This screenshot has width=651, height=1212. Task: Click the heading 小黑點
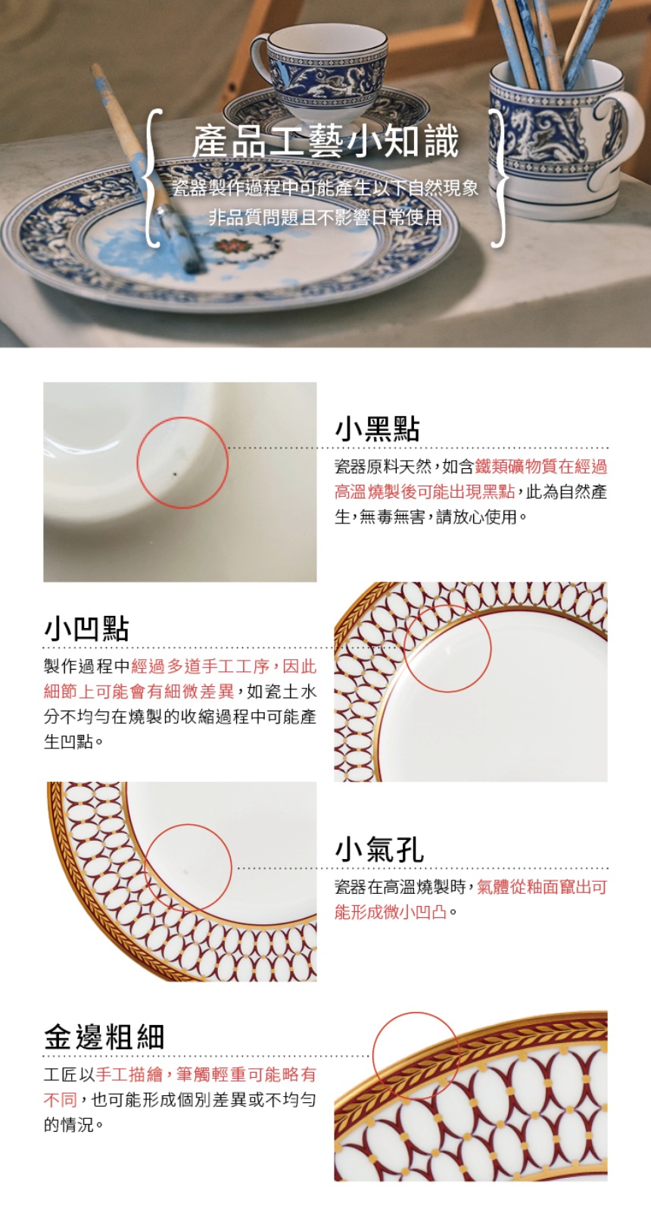[378, 429]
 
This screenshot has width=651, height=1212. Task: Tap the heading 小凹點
[86, 629]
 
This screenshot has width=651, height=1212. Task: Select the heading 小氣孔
[379, 848]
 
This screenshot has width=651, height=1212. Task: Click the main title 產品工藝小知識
[325, 142]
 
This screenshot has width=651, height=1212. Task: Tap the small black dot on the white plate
[175, 475]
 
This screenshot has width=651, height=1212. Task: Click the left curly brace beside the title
[154, 179]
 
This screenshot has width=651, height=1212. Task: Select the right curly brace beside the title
[499, 179]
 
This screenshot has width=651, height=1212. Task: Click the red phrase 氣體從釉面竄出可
[542, 887]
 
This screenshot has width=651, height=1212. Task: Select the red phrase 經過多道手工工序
[200, 666]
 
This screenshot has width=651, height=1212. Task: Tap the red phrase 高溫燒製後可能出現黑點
[425, 492]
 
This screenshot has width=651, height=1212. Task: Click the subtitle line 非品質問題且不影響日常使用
[325, 217]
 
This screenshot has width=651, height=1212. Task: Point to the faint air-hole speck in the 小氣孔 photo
[185, 872]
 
